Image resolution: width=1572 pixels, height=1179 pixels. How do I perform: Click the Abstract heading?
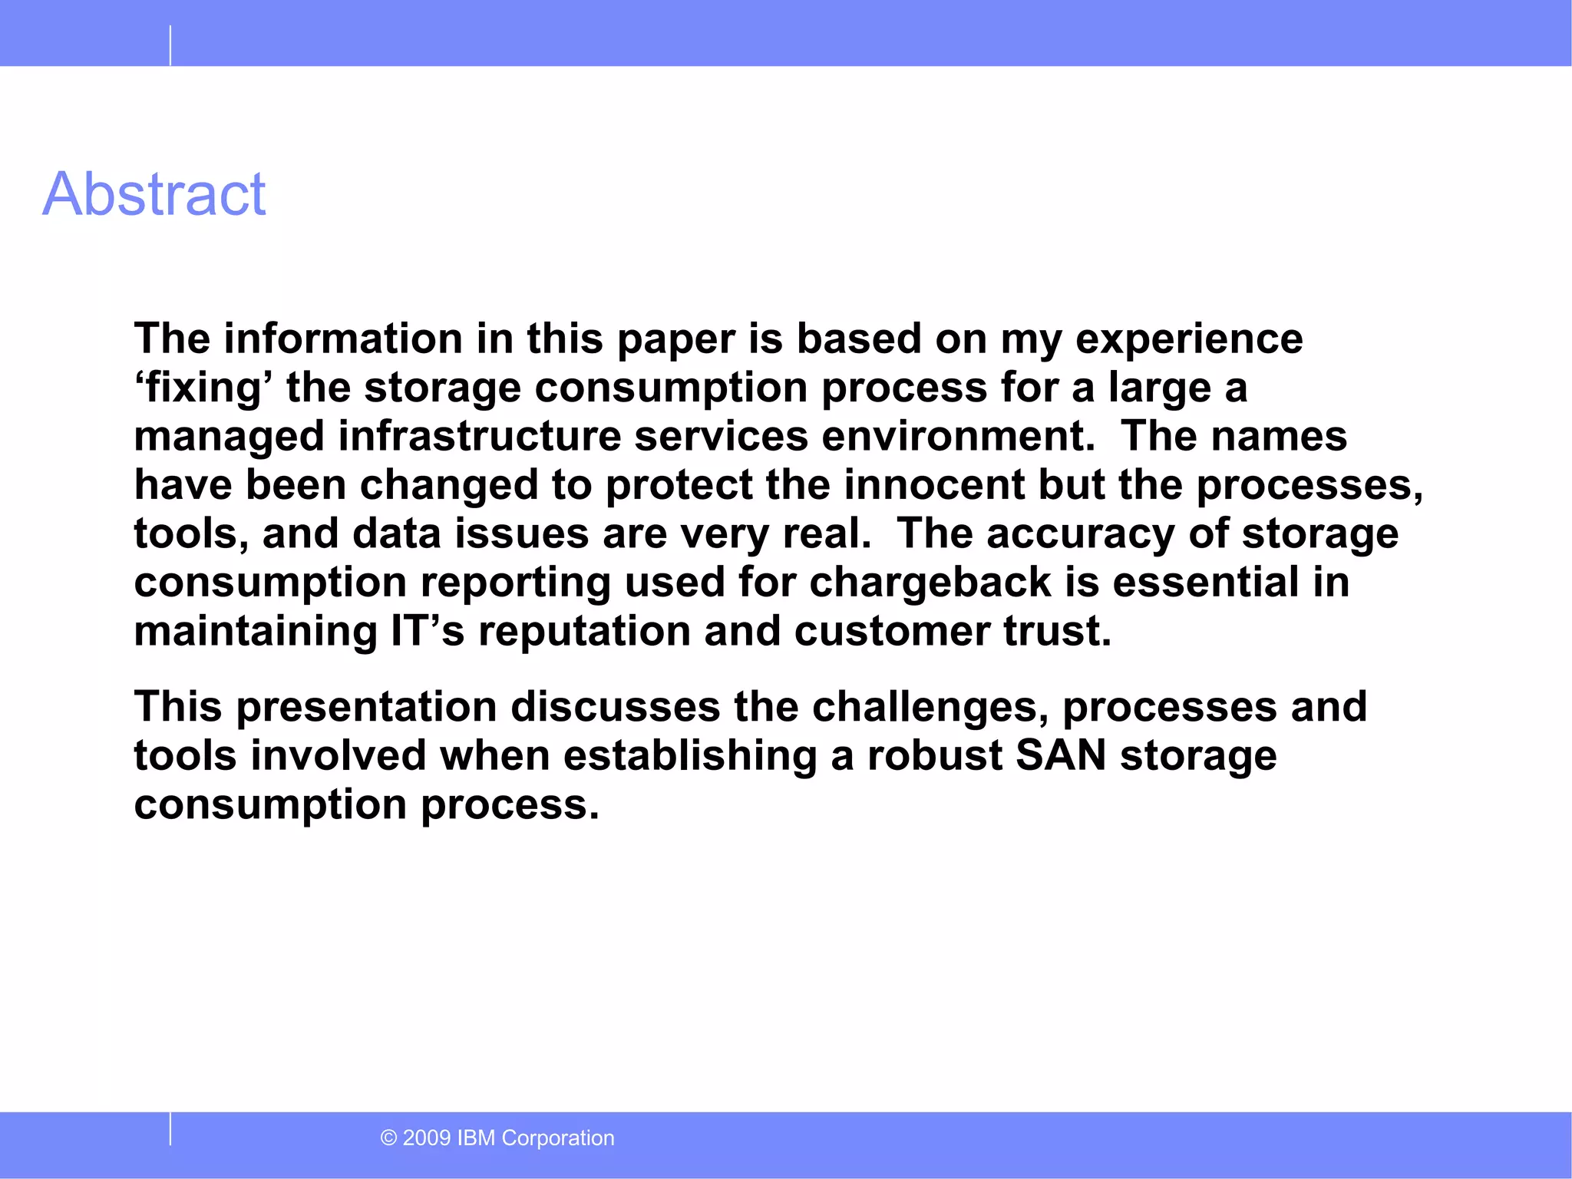[154, 194]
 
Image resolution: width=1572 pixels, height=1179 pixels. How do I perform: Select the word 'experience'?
[1189, 339]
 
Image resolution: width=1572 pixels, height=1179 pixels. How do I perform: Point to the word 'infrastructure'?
[479, 436]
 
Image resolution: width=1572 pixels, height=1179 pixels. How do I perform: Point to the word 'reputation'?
[584, 631]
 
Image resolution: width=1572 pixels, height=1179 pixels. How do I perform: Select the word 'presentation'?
[367, 706]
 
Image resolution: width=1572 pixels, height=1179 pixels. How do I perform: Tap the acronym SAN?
[1061, 755]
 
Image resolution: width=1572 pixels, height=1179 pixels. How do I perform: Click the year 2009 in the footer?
[427, 1138]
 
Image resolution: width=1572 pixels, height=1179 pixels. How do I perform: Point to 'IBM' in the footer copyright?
[476, 1138]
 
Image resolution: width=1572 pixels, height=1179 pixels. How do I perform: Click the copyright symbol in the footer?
[388, 1138]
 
